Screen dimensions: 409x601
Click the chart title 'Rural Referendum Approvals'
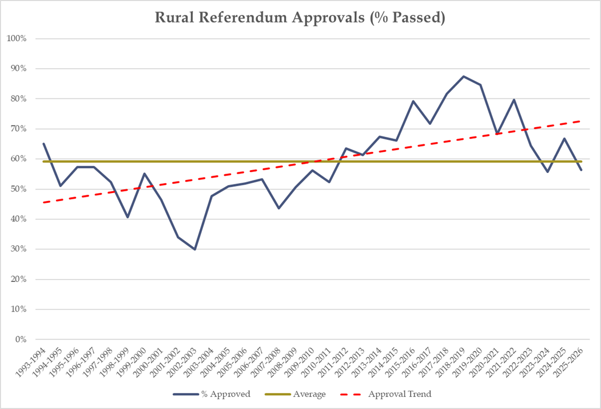tap(300, 18)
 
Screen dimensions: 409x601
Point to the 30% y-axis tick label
tap(25, 249)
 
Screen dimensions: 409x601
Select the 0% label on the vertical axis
tap(27, 339)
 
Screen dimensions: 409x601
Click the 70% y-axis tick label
tap(25, 129)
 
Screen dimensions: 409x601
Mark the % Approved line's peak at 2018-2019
tap(463, 76)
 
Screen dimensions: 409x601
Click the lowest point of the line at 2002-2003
tap(194, 249)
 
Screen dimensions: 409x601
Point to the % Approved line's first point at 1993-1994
tap(43, 144)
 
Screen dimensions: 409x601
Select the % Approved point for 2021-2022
tap(514, 100)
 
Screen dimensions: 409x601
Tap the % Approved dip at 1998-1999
tap(128, 217)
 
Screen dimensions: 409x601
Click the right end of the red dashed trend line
tap(581, 121)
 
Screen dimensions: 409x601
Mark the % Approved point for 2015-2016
tap(413, 101)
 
